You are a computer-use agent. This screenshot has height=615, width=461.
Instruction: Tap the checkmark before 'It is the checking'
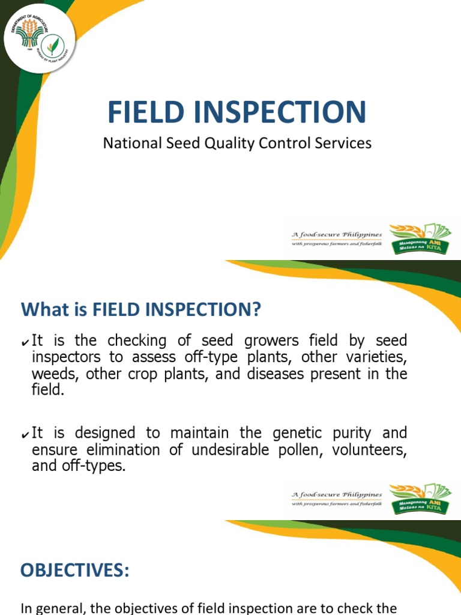25,342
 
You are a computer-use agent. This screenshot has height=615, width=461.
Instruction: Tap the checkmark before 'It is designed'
25,434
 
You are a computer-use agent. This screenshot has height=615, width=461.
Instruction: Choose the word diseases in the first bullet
298,374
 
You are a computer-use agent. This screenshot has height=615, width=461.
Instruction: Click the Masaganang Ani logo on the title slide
420,238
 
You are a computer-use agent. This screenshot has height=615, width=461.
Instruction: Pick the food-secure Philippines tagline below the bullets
337,498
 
